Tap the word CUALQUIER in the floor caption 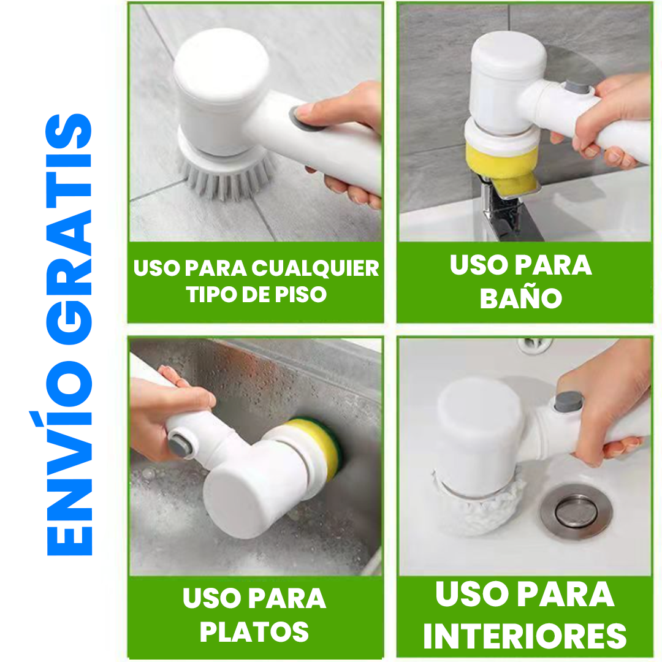click(x=316, y=268)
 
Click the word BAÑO click(x=521, y=298)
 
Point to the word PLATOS click(x=254, y=632)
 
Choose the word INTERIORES click(x=525, y=636)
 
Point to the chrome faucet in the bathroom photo click(x=500, y=208)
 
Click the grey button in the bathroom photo click(x=576, y=89)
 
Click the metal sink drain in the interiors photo click(x=576, y=511)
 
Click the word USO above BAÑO click(x=476, y=265)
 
